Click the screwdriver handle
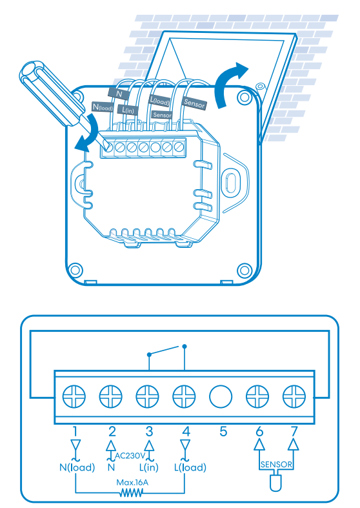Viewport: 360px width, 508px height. click(49, 92)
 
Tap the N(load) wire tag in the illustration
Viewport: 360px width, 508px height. click(103, 107)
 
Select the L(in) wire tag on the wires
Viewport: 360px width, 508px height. click(128, 110)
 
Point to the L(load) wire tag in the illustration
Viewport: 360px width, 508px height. click(159, 101)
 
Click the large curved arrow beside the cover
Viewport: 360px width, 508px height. click(226, 83)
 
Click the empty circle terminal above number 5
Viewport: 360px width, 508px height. click(221, 396)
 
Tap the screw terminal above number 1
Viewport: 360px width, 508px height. click(74, 396)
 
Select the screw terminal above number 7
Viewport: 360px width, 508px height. click(294, 396)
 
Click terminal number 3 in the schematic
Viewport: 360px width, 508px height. click(149, 431)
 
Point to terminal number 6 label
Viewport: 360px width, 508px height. click(259, 431)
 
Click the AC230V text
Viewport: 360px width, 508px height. click(130, 456)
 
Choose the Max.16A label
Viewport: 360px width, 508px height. click(132, 482)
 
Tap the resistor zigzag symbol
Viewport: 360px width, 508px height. click(131, 493)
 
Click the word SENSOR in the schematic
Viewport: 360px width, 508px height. click(276, 464)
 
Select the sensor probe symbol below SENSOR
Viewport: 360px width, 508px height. click(275, 483)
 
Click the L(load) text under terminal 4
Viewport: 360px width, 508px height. click(190, 467)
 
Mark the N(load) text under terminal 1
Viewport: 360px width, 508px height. click(77, 467)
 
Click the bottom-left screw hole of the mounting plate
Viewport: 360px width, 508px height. click(75, 270)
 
